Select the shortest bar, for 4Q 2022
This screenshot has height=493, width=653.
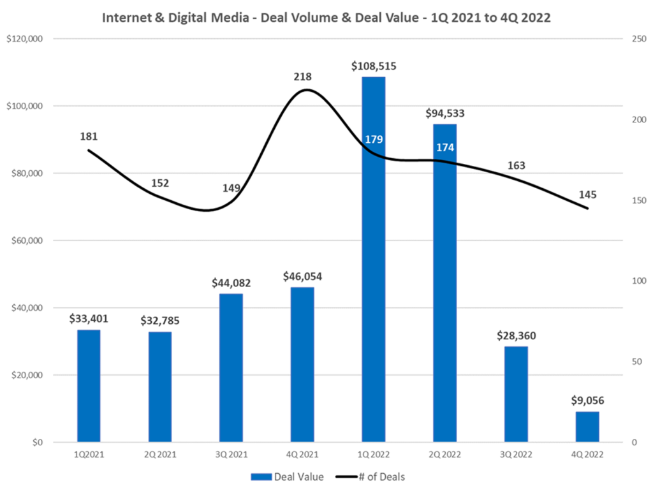587,427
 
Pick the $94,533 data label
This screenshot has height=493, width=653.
444,114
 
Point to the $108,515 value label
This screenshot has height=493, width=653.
373,66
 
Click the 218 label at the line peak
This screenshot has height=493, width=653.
302,77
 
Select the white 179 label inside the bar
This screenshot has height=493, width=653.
373,140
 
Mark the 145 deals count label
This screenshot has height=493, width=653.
587,195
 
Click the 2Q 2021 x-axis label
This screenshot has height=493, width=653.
159,455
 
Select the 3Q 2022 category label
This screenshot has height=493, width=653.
516,455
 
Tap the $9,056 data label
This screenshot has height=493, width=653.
587,401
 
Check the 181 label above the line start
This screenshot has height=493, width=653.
89,136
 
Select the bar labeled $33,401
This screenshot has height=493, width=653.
89,386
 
